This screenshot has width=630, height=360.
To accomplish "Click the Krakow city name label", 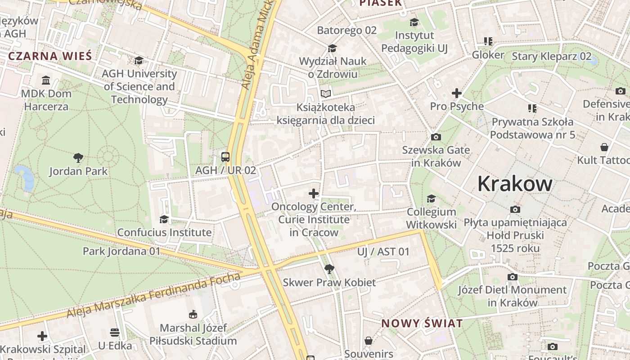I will coord(515,184).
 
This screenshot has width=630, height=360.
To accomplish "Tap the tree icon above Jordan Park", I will coord(78,158).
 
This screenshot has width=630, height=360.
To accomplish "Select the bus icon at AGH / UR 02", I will coord(225,157).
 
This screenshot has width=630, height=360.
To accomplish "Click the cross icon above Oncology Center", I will coord(314,193).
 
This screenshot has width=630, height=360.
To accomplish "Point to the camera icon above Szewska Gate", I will coord(436,137).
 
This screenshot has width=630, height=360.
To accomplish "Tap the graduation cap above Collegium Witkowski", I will coord(431,198).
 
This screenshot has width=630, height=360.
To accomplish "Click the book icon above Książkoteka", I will coord(326,94).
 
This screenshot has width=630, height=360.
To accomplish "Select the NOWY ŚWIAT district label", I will coord(422,323).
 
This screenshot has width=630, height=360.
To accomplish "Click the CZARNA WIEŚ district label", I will coord(50,56).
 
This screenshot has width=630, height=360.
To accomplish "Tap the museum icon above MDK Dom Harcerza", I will coord(46,81).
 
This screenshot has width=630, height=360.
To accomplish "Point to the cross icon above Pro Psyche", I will coord(457,93).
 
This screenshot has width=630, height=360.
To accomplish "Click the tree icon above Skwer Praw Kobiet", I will coord(329,269).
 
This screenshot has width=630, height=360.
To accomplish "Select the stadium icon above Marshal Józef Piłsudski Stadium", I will coord(193,314).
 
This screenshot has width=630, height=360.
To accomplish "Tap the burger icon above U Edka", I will coord(115,333).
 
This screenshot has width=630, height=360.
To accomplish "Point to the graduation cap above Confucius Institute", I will coord(164,219).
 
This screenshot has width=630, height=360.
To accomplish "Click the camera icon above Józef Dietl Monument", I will coord(512,277).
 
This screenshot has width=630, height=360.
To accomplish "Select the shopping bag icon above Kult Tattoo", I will coord(604,147).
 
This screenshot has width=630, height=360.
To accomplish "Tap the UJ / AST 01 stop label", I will coord(383,252).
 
